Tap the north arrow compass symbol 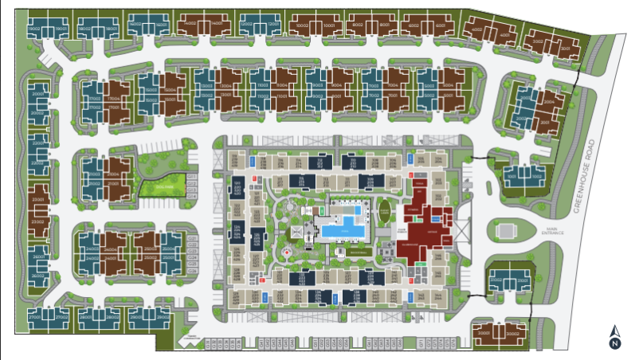[x=615, y=338]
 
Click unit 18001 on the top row [x=104, y=28]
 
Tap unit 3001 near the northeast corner [x=569, y=49]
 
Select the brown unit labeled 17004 [x=116, y=99]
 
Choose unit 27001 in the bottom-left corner [x=35, y=318]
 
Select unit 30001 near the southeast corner [x=484, y=333]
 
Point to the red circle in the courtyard [x=286, y=252]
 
